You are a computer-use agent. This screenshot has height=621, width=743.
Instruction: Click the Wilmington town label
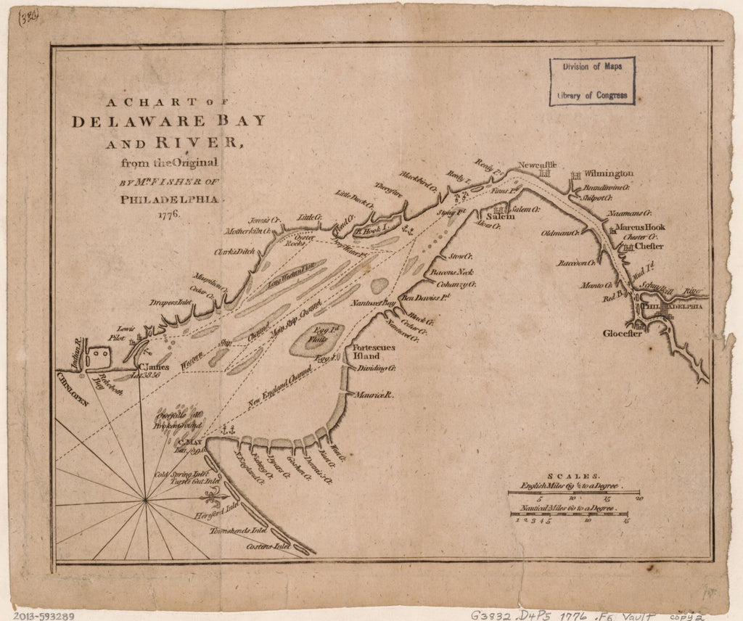click(x=609, y=174)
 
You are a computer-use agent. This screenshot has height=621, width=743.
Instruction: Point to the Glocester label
click(x=623, y=334)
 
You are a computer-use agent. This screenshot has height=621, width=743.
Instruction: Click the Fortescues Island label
click(x=374, y=352)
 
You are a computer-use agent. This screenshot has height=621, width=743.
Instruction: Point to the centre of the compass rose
click(x=146, y=499)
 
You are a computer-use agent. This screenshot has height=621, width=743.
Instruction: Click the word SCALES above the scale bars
click(x=574, y=471)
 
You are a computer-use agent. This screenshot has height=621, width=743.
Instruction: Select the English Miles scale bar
click(x=573, y=493)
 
